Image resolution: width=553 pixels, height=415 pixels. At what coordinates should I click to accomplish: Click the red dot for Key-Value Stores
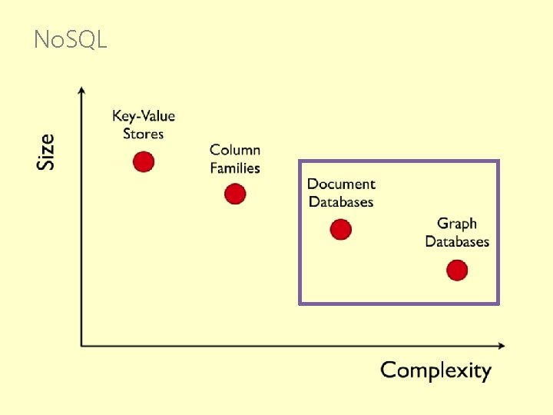point(144,161)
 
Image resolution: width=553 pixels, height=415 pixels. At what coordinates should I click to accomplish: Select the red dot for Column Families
point(235,194)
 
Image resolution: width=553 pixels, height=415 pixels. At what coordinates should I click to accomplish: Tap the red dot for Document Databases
point(340,229)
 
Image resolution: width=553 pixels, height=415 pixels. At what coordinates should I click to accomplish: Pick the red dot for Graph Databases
point(457,271)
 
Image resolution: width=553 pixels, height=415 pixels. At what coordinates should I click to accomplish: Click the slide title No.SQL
point(71,39)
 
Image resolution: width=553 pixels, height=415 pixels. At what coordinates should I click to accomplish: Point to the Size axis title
point(47,151)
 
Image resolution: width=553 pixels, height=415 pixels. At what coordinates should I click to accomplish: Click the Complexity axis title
point(435,370)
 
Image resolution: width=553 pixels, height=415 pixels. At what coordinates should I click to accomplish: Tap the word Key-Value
point(144,116)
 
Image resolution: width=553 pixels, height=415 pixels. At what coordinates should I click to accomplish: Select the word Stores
point(144,134)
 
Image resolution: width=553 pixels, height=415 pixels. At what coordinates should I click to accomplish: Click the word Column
point(235,150)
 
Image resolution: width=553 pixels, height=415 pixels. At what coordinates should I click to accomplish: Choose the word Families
point(235,168)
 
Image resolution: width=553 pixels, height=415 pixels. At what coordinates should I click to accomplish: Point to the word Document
point(341,184)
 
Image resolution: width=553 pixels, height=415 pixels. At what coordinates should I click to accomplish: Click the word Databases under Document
point(341,201)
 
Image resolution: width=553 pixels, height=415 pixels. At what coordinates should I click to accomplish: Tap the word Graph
point(457,224)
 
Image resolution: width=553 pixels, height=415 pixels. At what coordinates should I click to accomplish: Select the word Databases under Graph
point(457,241)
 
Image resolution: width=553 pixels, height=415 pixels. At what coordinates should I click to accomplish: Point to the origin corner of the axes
point(82,346)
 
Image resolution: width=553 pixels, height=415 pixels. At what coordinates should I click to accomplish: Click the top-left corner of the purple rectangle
point(300,161)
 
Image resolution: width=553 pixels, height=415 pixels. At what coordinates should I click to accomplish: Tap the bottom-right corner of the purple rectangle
point(498,303)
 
